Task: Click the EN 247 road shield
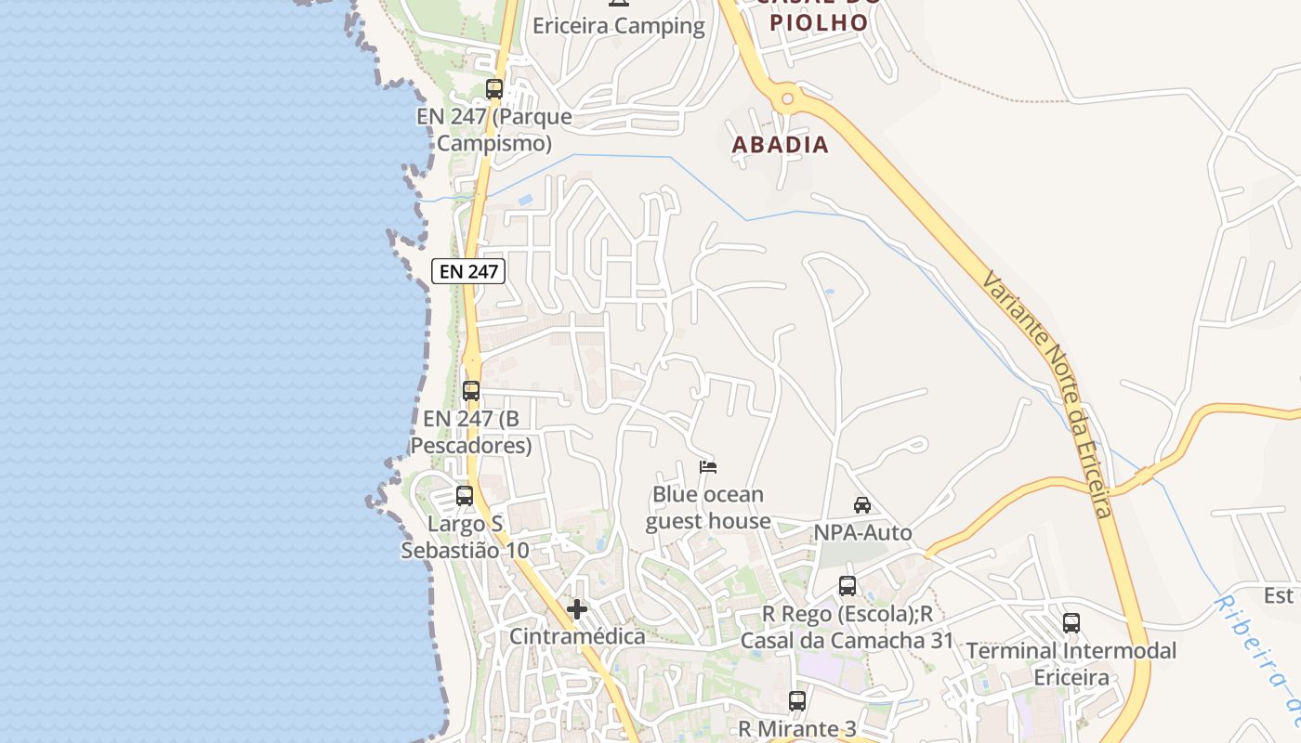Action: point(469,271)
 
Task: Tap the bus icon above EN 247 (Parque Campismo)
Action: point(494,89)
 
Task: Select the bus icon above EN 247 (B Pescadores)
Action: point(471,390)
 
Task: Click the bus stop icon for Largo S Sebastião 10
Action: point(465,496)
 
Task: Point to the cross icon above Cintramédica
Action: point(577,609)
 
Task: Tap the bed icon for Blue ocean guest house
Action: point(708,466)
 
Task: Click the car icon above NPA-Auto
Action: point(862,505)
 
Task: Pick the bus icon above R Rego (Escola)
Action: point(848,586)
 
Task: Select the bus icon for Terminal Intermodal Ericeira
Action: point(1071,623)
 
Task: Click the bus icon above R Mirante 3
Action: point(797,701)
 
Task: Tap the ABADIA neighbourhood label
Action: point(780,145)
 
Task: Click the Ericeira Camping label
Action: point(618,26)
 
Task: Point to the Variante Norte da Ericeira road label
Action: point(1047,394)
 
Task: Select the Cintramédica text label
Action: point(577,636)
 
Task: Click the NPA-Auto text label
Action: point(862,532)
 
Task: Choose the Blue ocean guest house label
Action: point(708,507)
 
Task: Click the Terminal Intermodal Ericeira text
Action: point(1071,664)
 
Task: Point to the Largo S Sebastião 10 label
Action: point(465,537)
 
